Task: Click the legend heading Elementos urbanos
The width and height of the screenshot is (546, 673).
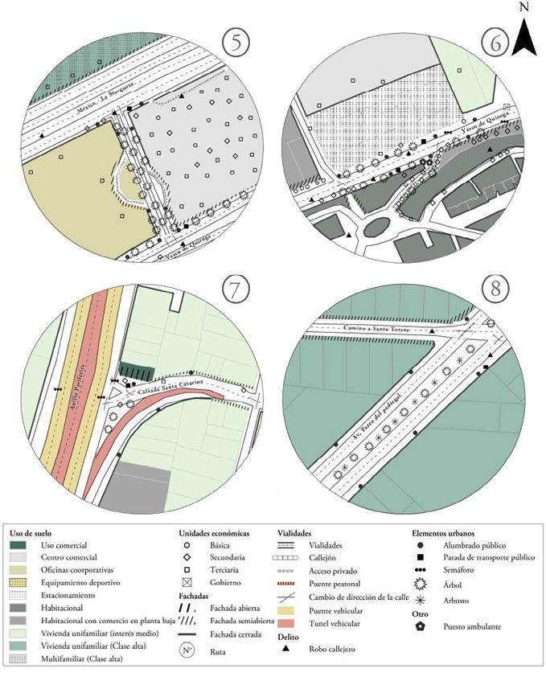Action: (x=442, y=532)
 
